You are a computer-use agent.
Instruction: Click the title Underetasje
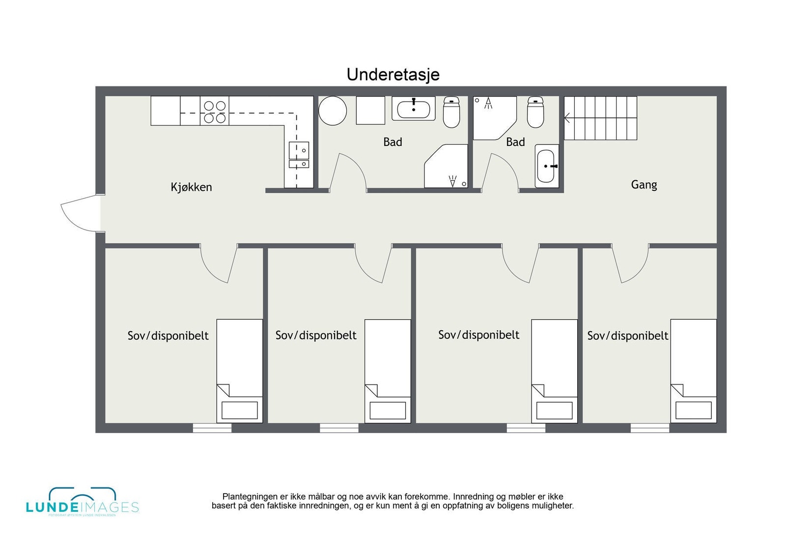[393, 75]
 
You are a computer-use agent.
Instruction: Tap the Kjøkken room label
[191, 187]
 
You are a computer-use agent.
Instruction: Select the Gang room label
[644, 185]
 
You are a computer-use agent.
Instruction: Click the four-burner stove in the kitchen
[215, 111]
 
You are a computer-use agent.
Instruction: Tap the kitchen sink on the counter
[299, 155]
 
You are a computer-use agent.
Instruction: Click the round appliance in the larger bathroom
[333, 111]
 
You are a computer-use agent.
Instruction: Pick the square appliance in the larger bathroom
[370, 111]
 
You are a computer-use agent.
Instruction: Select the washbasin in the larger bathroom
[414, 109]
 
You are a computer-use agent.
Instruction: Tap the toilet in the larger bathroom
[451, 112]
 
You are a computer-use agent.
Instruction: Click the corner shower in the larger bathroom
[447, 167]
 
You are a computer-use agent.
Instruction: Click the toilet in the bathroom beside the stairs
[535, 112]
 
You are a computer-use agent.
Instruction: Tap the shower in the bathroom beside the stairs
[493, 117]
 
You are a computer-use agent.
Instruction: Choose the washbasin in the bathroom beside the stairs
[547, 166]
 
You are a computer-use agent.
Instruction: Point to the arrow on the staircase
[567, 118]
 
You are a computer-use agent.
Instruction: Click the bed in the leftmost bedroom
[240, 371]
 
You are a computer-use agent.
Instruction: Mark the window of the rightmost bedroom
[649, 428]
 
